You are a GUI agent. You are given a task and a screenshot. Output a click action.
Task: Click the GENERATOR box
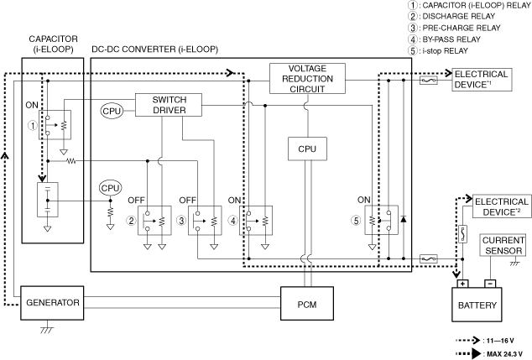(52, 303)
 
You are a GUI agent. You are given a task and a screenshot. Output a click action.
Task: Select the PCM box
(307, 304)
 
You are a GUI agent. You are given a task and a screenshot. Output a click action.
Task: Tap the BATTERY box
(477, 305)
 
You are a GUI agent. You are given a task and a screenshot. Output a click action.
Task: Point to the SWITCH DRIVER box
(169, 105)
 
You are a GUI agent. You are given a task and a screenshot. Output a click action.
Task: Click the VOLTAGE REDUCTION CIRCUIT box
(307, 78)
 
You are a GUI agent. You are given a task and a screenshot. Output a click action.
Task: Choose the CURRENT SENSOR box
(503, 245)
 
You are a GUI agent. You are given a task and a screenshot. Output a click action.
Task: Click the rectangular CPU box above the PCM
(307, 149)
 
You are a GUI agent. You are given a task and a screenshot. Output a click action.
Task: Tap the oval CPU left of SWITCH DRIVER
(112, 111)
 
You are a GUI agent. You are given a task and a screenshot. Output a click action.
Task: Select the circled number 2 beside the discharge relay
(131, 221)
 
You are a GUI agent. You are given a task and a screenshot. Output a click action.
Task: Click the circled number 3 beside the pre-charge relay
(181, 221)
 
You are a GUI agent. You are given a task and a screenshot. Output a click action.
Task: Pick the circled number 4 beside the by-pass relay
(233, 221)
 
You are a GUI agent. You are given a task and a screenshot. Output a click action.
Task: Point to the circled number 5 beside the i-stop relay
(356, 221)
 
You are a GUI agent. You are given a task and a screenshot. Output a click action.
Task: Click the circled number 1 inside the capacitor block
(33, 126)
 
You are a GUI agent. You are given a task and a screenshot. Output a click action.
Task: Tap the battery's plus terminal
(463, 284)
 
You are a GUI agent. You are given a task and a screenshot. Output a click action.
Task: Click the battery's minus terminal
(490, 284)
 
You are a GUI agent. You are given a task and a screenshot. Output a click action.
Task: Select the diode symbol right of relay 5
(404, 219)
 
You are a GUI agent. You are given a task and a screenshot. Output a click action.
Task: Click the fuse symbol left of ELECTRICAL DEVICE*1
(429, 81)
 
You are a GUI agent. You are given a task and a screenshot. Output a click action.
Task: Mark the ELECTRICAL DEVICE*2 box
(502, 206)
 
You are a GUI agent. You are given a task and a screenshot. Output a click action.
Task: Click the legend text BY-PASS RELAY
(451, 39)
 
